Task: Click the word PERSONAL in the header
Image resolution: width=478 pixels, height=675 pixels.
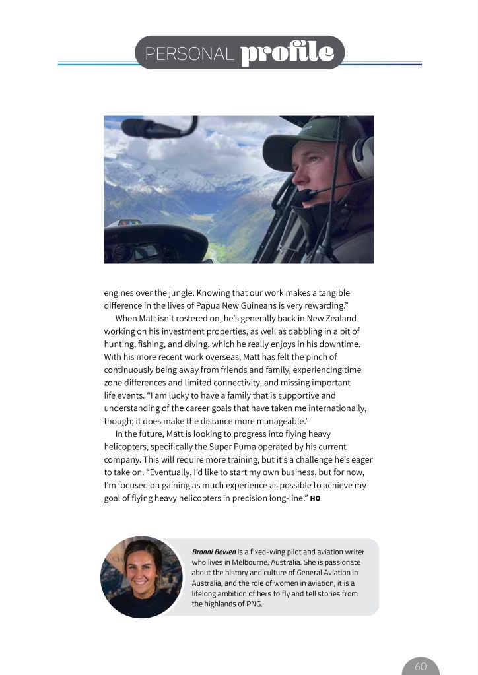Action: pyautogui.click(x=189, y=54)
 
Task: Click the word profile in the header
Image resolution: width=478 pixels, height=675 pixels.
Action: pyautogui.click(x=287, y=53)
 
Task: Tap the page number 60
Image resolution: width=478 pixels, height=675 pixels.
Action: pyautogui.click(x=421, y=666)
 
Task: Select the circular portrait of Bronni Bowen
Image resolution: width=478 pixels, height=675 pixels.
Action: pyautogui.click(x=141, y=577)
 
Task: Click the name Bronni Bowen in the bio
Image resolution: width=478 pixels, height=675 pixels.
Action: pyautogui.click(x=213, y=552)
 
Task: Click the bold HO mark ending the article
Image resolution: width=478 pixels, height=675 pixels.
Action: pyautogui.click(x=315, y=498)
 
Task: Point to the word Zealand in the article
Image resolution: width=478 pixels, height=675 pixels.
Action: pyautogui.click(x=341, y=318)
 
